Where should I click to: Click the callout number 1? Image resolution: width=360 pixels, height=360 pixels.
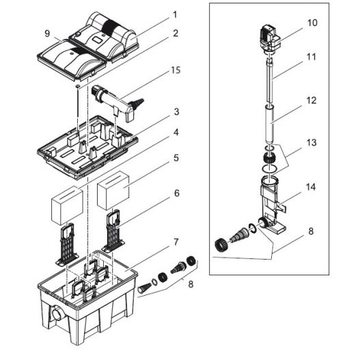point(175,14)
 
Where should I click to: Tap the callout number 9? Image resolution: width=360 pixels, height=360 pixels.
point(47,32)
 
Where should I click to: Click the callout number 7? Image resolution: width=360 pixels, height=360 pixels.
point(176,243)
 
